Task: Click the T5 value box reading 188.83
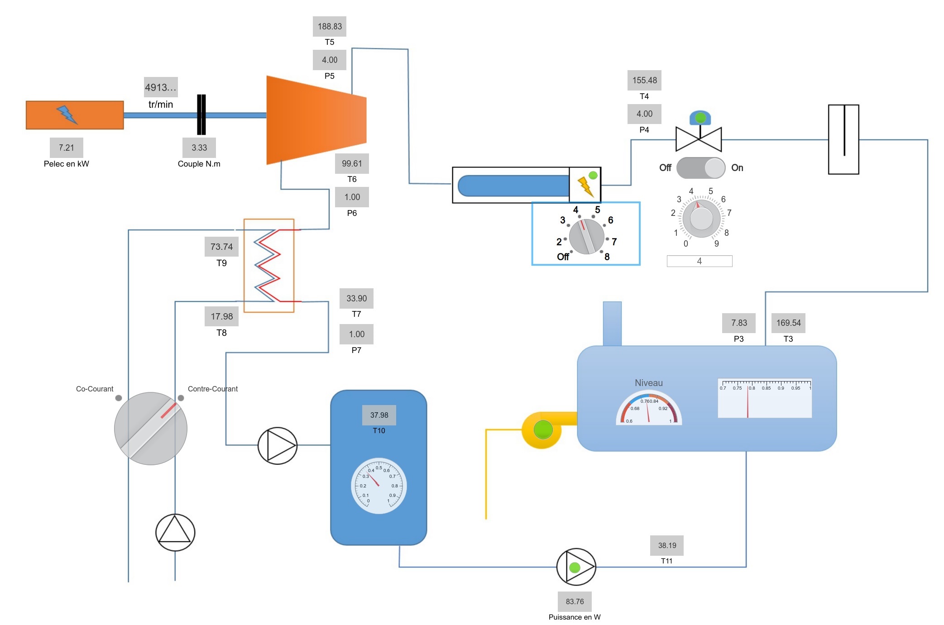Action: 330,26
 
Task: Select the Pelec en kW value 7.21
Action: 67,148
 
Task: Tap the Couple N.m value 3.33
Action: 199,148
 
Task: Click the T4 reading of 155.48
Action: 644,80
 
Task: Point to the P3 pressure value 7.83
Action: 739,323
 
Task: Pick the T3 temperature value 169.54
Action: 788,323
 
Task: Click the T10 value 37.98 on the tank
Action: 379,415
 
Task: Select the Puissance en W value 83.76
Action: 575,601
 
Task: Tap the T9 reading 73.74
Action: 221,247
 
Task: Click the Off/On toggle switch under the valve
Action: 701,168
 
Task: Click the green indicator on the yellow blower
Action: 543,429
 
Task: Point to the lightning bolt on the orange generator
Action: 67,114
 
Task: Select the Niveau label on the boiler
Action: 648,383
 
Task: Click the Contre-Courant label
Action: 213,389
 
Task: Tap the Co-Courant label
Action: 95,389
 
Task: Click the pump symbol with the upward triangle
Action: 175,532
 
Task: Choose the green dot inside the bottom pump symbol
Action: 575,567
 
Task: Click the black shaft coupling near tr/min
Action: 201,115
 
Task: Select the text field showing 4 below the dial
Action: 699,261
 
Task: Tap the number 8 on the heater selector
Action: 607,257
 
